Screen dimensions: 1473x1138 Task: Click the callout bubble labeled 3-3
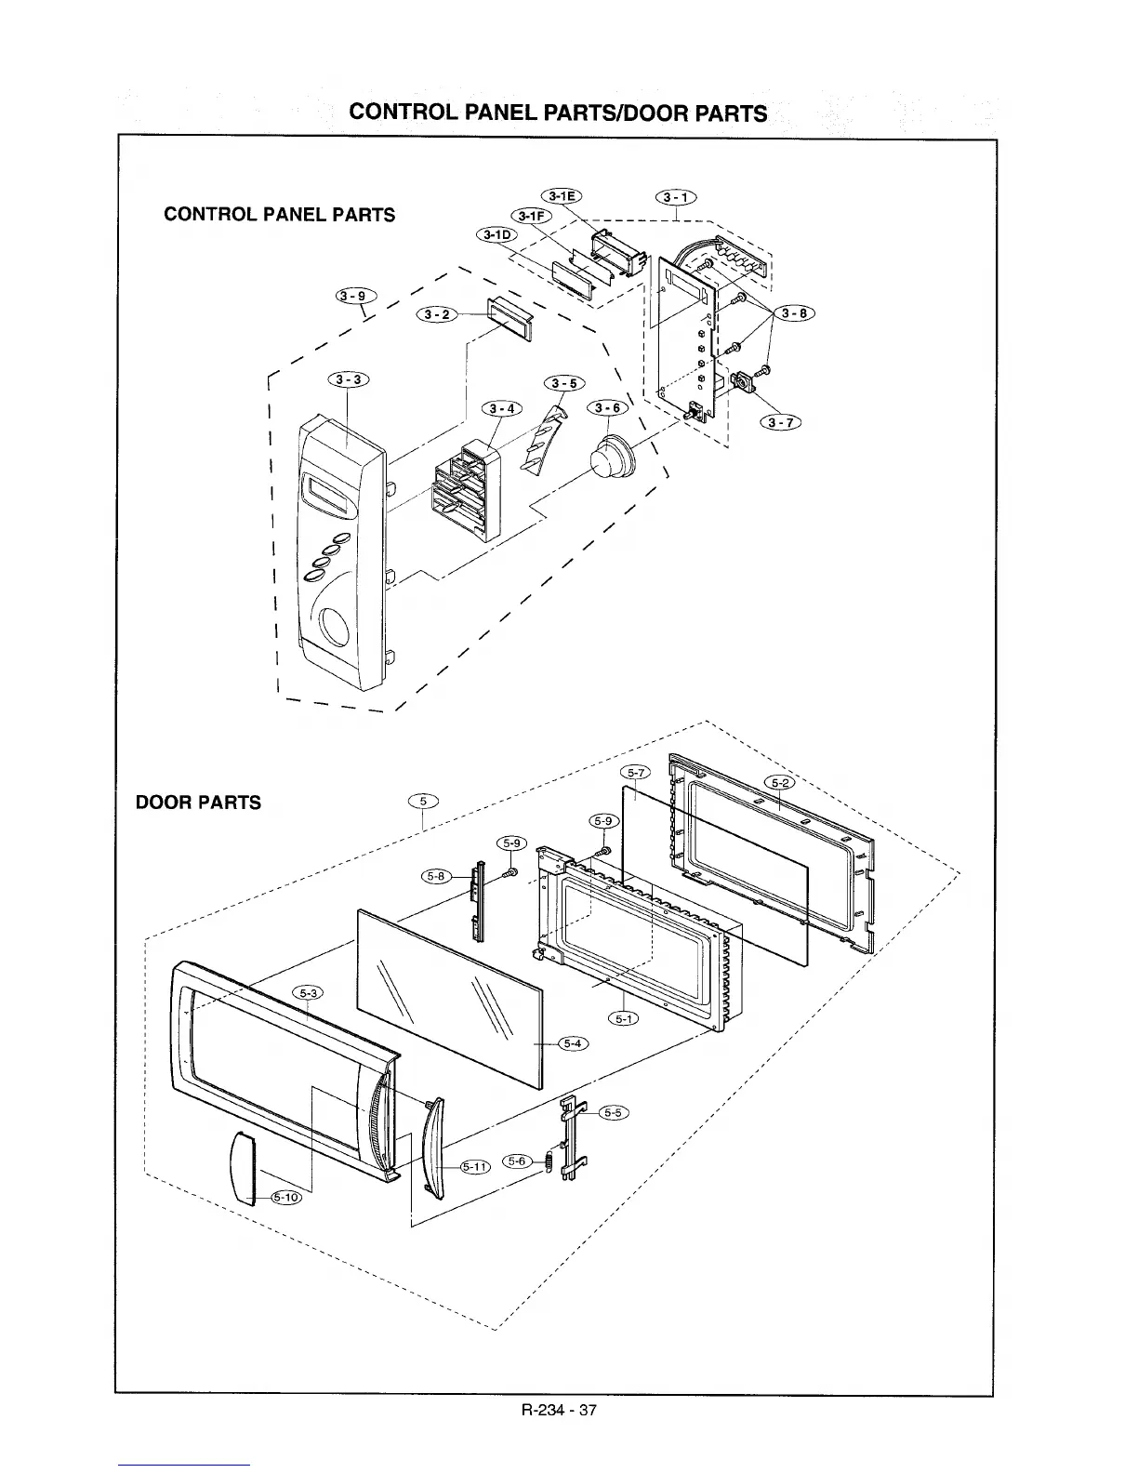[x=348, y=379]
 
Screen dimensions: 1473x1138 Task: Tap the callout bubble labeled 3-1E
[x=560, y=195]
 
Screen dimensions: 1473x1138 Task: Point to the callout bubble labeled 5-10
[x=285, y=1197]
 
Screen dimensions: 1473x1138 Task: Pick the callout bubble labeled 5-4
[x=572, y=1042]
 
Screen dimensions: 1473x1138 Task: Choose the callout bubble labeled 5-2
[x=779, y=781]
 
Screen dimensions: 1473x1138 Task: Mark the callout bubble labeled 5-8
[x=436, y=876]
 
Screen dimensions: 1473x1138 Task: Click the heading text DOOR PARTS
[x=198, y=803]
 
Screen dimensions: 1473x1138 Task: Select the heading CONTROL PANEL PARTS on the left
[x=279, y=215]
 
